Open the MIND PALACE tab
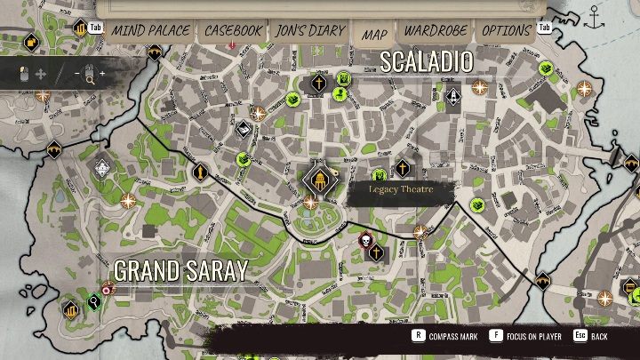(149, 30)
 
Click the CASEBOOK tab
(233, 30)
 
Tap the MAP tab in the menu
(374, 34)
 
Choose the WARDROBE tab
(436, 30)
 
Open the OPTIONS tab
(506, 30)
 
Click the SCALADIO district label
(426, 61)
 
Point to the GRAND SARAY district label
(180, 271)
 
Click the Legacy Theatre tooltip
(400, 189)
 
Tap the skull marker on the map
(364, 239)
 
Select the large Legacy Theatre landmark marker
(317, 180)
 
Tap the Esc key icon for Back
(579, 336)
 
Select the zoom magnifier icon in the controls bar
(89, 76)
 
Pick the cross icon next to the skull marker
(376, 253)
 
